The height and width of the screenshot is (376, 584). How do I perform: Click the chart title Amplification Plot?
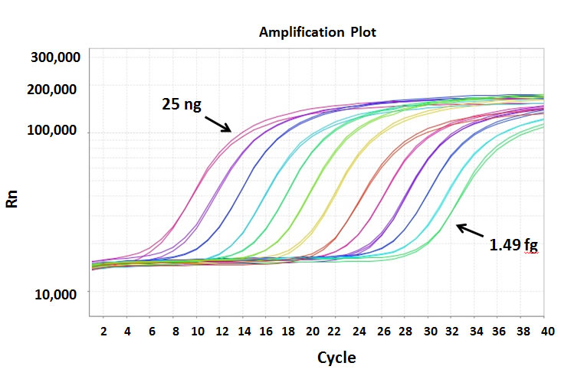coord(317,32)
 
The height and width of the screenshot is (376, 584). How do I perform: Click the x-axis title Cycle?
coord(336,358)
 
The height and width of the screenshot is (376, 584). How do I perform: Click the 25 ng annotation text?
coord(182,103)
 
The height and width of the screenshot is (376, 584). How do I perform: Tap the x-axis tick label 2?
coord(103,330)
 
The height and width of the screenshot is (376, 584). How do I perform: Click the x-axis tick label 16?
coord(266,330)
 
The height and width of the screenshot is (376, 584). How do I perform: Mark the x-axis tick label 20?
coord(312,330)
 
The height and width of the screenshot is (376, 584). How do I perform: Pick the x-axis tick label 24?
coord(359,330)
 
